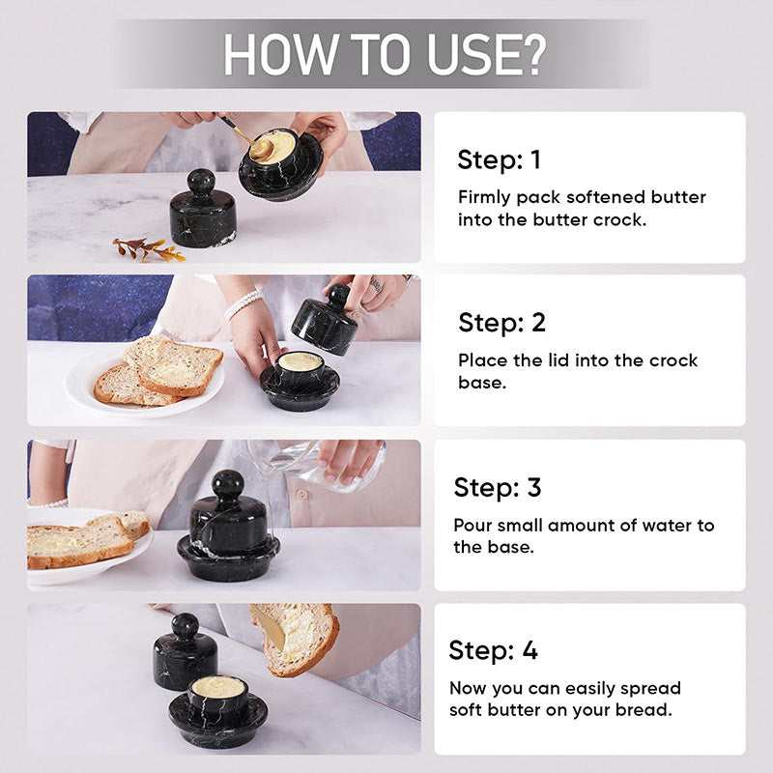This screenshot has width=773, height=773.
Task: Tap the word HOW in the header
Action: click(279, 55)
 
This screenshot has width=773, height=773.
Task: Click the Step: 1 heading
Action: click(499, 159)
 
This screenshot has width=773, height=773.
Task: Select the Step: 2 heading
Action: click(501, 323)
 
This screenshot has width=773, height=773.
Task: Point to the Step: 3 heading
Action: click(498, 487)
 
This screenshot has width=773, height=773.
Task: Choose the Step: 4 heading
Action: click(493, 650)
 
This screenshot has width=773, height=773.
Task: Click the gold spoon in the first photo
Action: click(246, 138)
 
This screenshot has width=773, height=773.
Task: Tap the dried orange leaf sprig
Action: click(149, 249)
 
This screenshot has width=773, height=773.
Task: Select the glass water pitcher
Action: click(316, 466)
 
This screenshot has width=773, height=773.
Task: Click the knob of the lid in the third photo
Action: click(227, 483)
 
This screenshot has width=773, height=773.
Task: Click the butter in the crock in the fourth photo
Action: click(218, 687)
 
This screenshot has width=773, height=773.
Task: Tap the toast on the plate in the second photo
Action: click(157, 369)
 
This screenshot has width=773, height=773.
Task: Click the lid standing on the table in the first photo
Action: click(203, 209)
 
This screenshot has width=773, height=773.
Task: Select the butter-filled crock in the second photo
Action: click(300, 380)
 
